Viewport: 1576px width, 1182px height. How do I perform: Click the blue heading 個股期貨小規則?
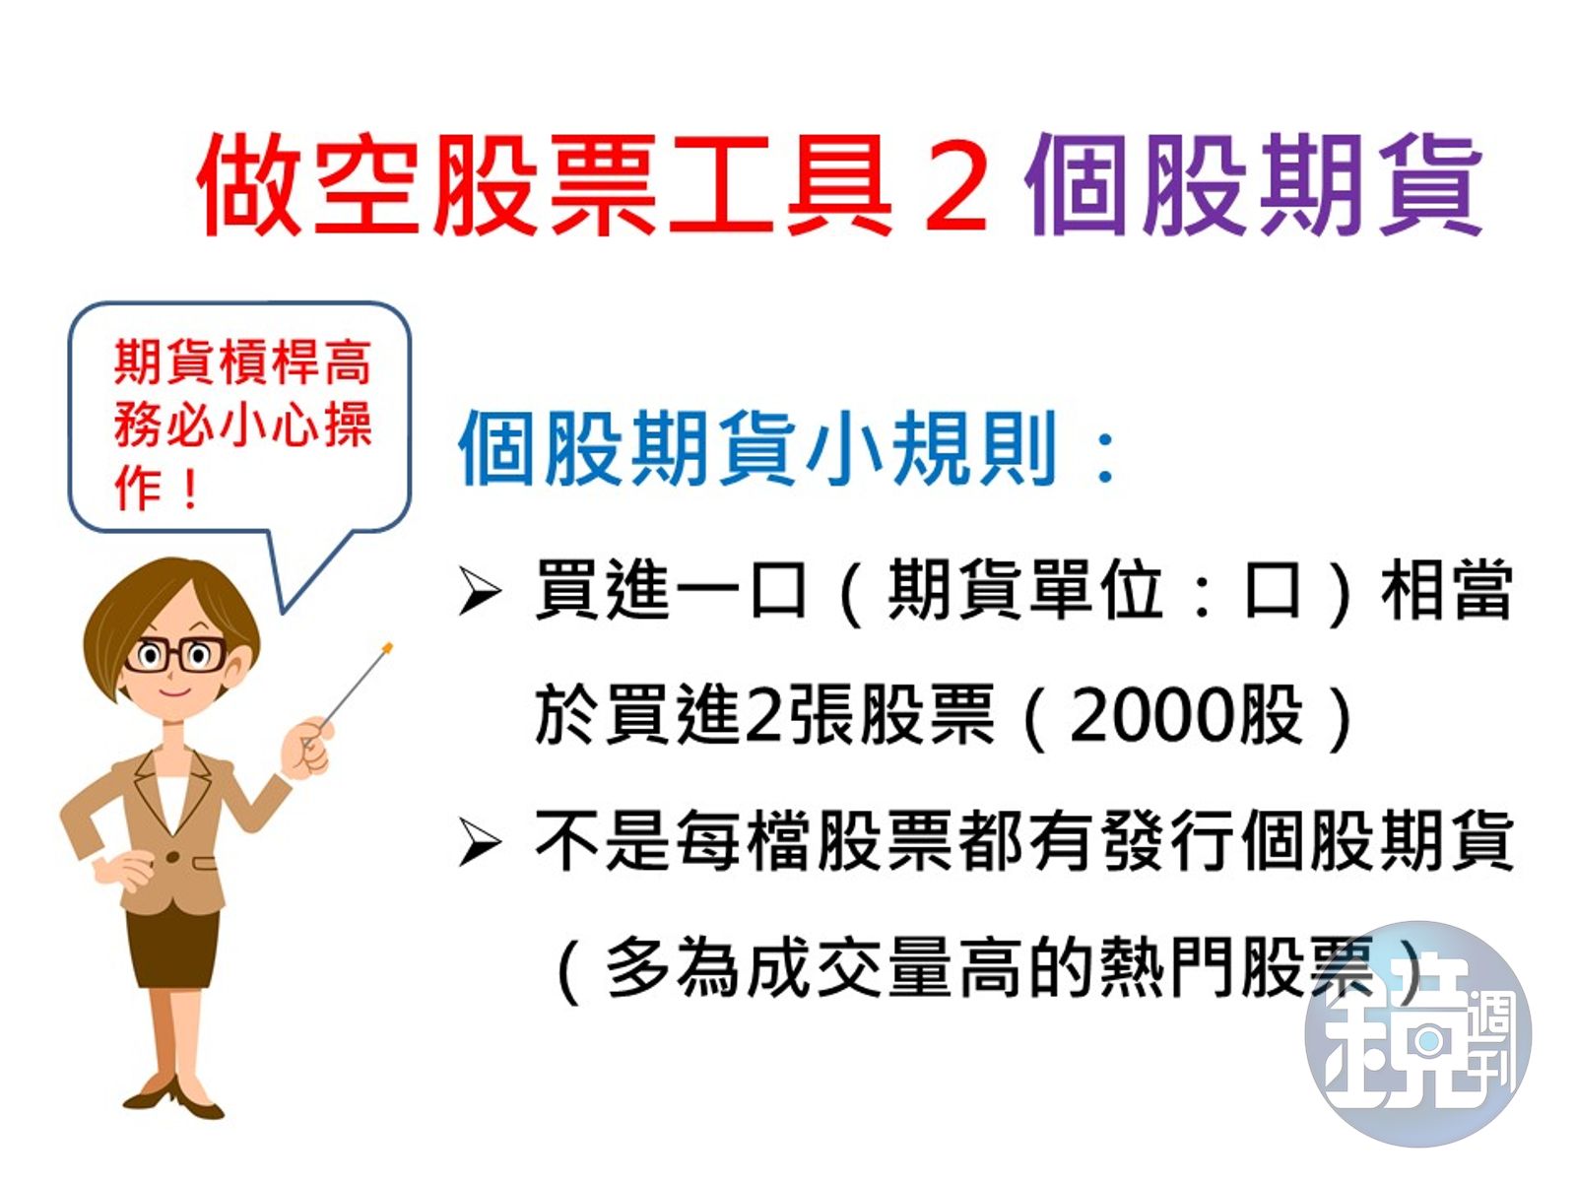[x=758, y=448]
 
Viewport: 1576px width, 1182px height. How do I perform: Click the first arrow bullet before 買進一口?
[x=480, y=592]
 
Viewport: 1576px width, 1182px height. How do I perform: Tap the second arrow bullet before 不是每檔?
[x=480, y=843]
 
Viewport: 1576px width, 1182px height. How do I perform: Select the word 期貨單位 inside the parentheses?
[x=1024, y=591]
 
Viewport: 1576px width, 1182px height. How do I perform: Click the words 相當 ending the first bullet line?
[x=1446, y=591]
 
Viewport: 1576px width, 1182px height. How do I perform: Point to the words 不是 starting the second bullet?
[x=603, y=842]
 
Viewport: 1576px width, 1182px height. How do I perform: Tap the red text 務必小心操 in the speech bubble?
[x=242, y=426]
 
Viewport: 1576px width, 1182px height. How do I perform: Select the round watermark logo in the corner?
[x=1417, y=1034]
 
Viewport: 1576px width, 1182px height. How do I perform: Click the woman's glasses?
[x=175, y=655]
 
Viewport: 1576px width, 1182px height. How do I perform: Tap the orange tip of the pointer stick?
[x=387, y=648]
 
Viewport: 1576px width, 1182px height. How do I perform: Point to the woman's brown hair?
[x=148, y=601]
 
